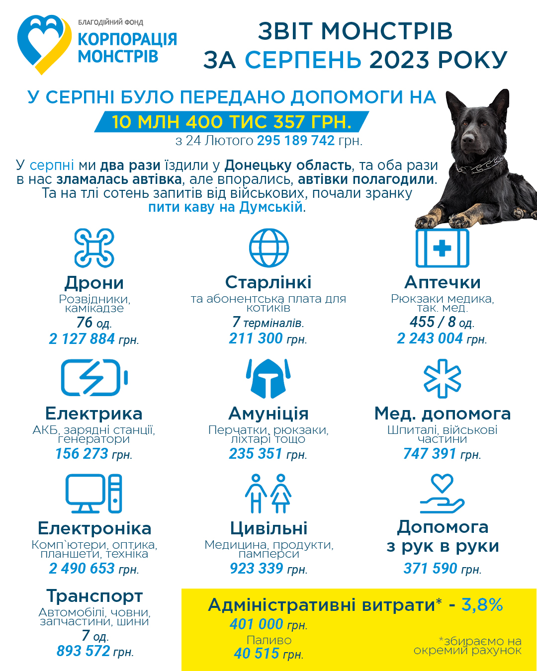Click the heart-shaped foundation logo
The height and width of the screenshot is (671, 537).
[44, 44]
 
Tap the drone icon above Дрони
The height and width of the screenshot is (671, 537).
[94, 248]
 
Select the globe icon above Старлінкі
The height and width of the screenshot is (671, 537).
[268, 248]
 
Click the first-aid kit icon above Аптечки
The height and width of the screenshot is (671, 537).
[442, 248]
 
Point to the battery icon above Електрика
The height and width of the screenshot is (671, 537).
[94, 378]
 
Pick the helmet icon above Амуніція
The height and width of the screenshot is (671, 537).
[268, 378]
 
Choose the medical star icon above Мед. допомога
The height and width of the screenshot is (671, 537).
[442, 379]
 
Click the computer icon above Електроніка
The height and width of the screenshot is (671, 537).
[94, 494]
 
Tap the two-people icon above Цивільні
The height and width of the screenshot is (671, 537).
[268, 494]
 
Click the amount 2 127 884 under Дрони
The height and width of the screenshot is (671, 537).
[82, 339]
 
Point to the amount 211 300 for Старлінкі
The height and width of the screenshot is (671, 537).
[256, 338]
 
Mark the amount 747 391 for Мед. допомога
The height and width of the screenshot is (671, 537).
[430, 454]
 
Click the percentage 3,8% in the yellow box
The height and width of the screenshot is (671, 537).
[482, 604]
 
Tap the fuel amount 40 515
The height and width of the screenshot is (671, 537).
[257, 653]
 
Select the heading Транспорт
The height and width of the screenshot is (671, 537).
[94, 596]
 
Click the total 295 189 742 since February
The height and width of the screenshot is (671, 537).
[296, 141]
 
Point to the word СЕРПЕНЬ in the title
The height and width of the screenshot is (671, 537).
[303, 60]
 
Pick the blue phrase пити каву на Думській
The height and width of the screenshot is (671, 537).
[225, 207]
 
